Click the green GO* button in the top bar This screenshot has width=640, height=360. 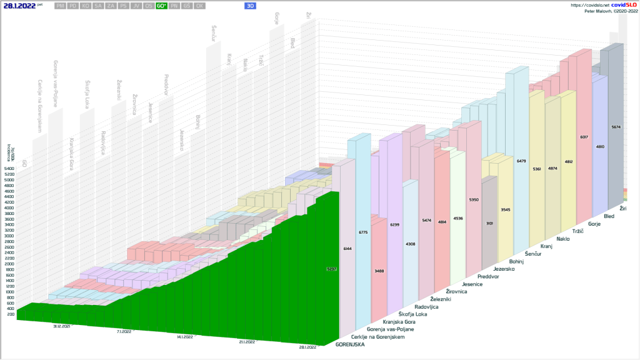coord(161,6)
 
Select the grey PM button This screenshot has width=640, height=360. coord(60,6)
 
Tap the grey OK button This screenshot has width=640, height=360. coord(199,6)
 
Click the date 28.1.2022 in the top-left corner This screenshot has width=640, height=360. coord(19,6)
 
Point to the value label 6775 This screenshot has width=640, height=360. coord(363,232)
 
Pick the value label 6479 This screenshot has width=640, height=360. coord(521,161)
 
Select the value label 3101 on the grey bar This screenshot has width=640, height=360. coord(489,223)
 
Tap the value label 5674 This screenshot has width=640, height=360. coord(616,127)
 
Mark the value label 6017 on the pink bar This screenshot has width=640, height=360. coord(584,137)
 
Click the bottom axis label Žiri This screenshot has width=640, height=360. coord(623,207)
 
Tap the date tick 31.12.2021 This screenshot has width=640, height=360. coord(61,326)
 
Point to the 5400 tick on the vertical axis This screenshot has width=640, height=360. coord(9,169)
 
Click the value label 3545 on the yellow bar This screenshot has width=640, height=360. coord(506,209)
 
